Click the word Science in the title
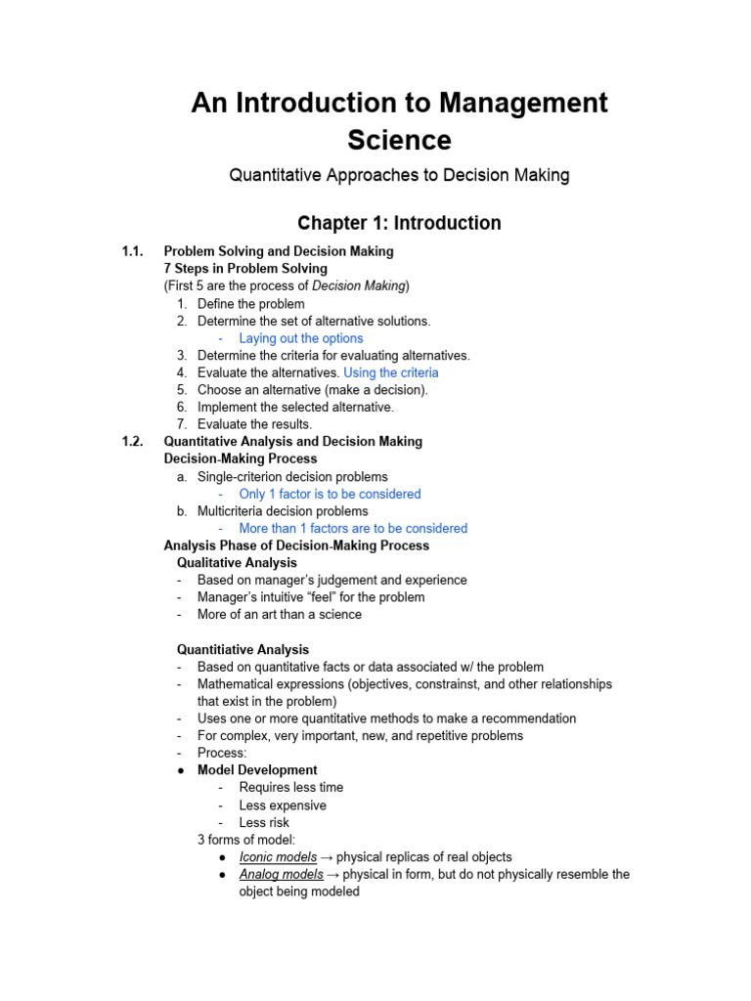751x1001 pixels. (399, 140)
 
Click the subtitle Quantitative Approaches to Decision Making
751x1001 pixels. (399, 176)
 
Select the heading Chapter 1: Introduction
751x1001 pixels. (399, 223)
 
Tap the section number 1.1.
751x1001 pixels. (134, 251)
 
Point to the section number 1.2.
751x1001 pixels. (134, 442)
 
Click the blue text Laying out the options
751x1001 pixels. (301, 338)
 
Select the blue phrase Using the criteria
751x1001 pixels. (391, 372)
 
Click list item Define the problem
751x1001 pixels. (250, 304)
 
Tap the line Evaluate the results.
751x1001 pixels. (254, 424)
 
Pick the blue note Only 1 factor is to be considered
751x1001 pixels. (330, 494)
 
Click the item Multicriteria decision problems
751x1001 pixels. (283, 511)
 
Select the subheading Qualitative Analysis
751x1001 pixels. (237, 563)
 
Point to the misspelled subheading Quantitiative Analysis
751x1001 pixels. (243, 649)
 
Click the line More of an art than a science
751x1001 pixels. (279, 615)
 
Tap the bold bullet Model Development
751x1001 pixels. (257, 770)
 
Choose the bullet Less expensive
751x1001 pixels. (283, 805)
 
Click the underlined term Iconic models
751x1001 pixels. (278, 857)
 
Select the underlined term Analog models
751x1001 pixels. (281, 875)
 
